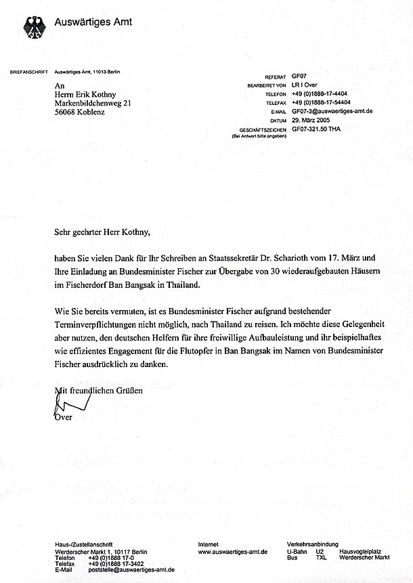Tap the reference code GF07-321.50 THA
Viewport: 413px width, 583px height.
pos(316,129)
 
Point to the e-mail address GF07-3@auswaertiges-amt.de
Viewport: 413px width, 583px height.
pos(332,110)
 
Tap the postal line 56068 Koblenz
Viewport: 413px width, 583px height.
pos(80,112)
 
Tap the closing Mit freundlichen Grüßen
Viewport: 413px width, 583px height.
pos(99,391)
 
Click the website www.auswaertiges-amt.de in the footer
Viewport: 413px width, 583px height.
pos(232,552)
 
